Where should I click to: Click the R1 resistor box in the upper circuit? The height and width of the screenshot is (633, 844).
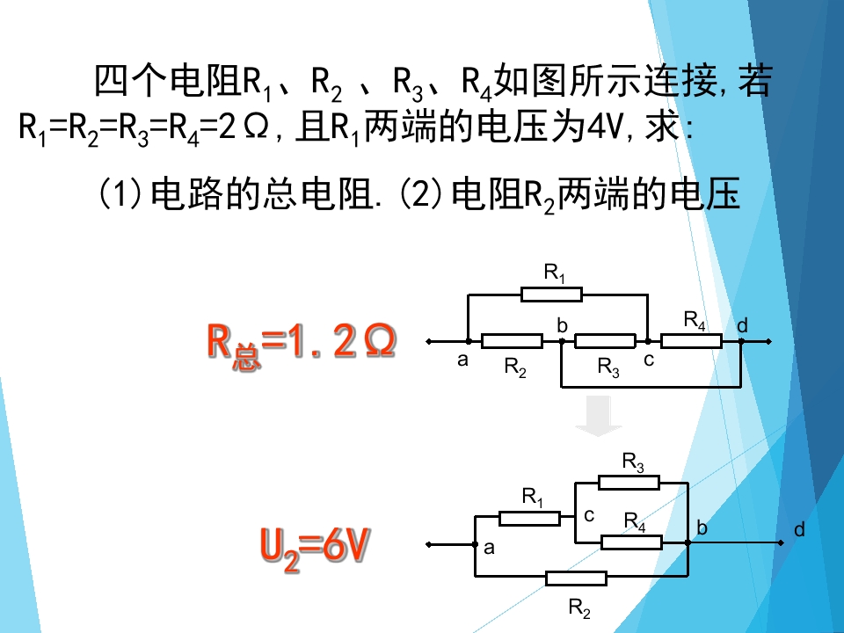tap(552, 295)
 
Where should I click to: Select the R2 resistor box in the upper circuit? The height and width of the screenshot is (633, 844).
tap(512, 341)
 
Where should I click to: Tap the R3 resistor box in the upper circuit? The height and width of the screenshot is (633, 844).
tap(605, 341)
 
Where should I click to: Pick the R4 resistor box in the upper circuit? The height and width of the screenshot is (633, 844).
tap(691, 341)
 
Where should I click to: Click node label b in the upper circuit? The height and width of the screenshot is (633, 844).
tap(562, 325)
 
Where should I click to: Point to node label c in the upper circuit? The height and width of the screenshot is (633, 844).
tap(649, 360)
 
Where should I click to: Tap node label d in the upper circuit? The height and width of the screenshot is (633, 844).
tap(742, 325)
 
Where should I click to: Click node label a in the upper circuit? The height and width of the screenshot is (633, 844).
tap(462, 360)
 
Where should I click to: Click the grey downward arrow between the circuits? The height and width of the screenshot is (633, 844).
tap(599, 416)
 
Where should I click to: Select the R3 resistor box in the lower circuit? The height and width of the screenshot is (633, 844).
tap(629, 483)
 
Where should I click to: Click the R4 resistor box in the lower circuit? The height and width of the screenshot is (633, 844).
tap(631, 542)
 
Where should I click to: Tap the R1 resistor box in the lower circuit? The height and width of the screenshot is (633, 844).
tap(529, 519)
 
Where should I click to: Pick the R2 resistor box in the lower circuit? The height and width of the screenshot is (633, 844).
tap(577, 578)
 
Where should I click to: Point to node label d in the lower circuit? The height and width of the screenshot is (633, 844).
tap(799, 529)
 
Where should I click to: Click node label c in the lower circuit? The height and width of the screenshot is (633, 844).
tap(589, 516)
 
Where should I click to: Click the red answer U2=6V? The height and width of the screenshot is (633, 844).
tap(315, 548)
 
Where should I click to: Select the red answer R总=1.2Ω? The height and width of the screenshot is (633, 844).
tap(302, 345)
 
